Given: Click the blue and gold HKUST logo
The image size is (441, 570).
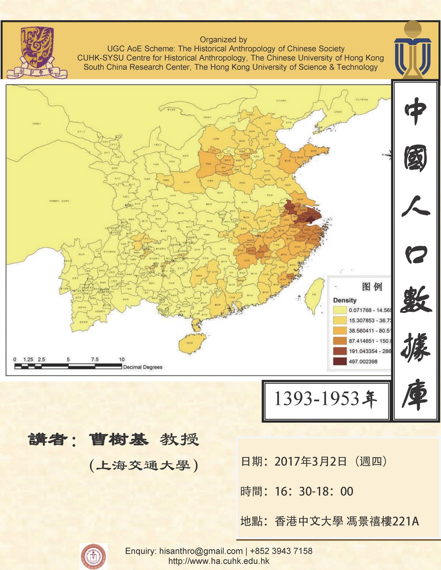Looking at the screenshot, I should click(x=412, y=50).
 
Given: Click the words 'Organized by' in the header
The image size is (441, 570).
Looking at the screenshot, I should click(x=223, y=40).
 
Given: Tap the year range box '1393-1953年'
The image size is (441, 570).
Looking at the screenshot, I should click(x=325, y=399).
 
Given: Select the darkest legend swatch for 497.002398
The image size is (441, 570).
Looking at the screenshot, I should click(x=340, y=361).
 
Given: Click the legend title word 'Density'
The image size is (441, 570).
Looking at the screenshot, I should click(x=344, y=300).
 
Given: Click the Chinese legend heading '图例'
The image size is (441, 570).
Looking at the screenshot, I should click(x=371, y=286).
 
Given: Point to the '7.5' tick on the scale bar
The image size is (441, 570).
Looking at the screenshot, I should click(x=95, y=359).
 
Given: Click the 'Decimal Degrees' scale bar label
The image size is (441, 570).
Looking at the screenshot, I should click(x=142, y=367).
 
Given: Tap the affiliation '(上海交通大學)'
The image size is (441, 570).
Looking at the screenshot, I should click(x=143, y=465).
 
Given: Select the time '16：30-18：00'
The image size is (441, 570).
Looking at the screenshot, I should click(x=314, y=491).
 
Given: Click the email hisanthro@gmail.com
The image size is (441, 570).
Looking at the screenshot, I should click(x=201, y=551).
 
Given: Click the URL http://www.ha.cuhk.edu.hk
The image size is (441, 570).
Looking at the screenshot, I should click(x=219, y=561).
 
